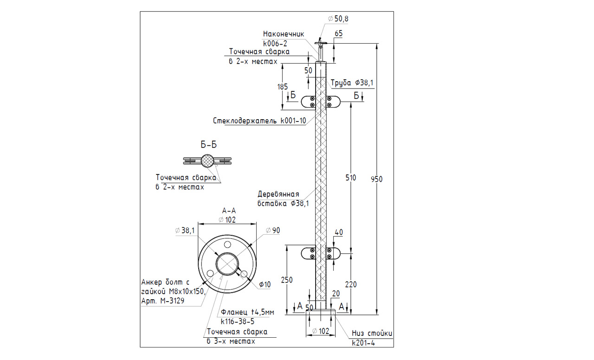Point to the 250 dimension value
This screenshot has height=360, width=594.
pyautogui.click(x=288, y=279)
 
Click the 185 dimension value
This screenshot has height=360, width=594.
pyautogui.click(x=283, y=86)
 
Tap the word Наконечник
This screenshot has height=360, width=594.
pyautogui.click(x=283, y=34)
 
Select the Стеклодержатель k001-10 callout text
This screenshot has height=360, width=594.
pyautogui.click(x=259, y=122)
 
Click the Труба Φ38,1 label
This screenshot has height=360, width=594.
pyautogui.click(x=352, y=83)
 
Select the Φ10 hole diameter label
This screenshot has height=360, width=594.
pyautogui.click(x=265, y=284)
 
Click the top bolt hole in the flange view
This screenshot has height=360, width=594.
pyautogui.click(x=227, y=244)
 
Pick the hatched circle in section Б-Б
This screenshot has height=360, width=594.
pyautogui.click(x=208, y=161)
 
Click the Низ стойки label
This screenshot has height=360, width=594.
pyautogui.click(x=372, y=333)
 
